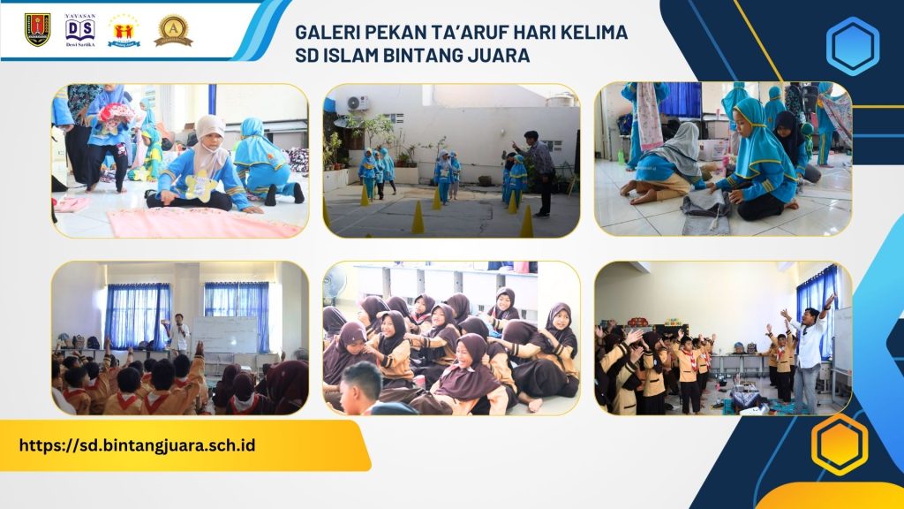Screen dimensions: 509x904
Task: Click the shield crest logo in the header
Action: [37, 29]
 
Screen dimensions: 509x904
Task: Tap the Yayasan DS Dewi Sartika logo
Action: [80, 30]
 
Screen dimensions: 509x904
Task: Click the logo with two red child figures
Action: [124, 30]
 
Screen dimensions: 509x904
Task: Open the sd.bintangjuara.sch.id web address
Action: [137, 444]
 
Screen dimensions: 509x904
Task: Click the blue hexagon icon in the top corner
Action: [852, 46]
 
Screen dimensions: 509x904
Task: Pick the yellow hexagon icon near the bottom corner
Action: [839, 444]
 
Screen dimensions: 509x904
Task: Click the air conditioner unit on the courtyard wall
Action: [358, 103]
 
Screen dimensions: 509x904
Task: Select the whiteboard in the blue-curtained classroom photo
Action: [224, 334]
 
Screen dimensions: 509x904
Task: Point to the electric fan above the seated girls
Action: [335, 285]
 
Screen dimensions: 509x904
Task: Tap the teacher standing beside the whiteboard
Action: [180, 332]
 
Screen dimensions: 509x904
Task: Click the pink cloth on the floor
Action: [203, 224]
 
